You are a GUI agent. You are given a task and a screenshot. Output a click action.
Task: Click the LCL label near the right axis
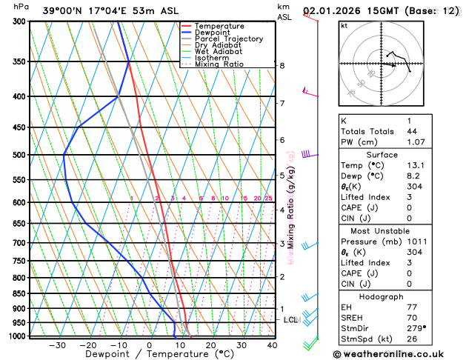point(290,320)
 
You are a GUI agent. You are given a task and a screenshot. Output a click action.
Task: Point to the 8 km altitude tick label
point(282,66)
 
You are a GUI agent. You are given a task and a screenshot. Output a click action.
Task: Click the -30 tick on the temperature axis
point(57,345)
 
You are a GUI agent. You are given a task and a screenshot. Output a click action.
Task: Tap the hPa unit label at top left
point(21,7)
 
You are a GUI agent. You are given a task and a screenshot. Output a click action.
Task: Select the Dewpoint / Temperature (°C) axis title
point(150,355)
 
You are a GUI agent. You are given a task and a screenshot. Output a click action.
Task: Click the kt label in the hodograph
point(344,26)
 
